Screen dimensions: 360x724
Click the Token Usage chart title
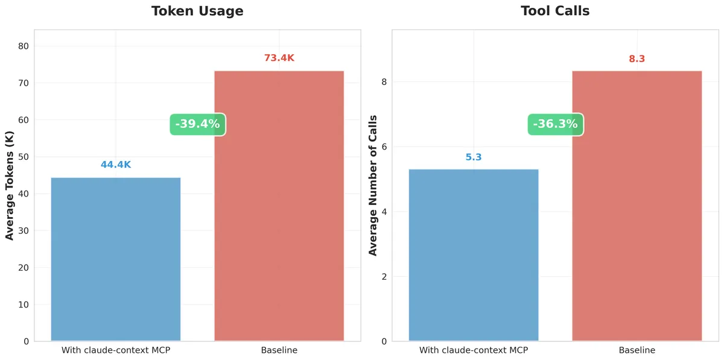(197, 11)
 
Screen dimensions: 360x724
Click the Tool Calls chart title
(555, 11)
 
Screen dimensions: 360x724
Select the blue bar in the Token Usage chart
(115, 259)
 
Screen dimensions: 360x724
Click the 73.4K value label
(279, 58)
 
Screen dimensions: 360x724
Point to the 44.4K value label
(115, 165)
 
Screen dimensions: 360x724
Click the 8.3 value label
(637, 58)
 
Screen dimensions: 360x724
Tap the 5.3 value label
(474, 157)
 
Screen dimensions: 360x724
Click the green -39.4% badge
(197, 124)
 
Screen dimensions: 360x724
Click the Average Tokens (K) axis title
(10, 185)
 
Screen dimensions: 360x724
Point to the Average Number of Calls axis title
(373, 185)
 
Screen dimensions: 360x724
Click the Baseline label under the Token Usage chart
(279, 350)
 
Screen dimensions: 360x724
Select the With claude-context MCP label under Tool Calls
(474, 350)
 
